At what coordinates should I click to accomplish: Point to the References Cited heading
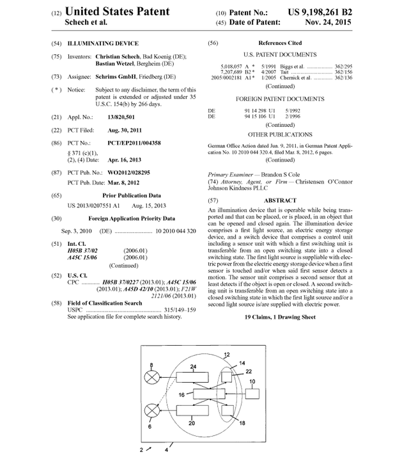tap(280, 44)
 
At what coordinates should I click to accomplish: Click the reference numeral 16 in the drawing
tap(182, 395)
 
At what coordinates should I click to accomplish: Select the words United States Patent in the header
tap(118, 11)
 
